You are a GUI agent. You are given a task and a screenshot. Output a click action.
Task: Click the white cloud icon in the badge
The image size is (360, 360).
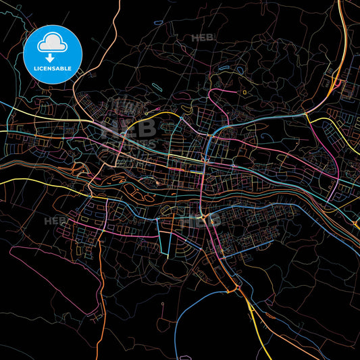point(53,42)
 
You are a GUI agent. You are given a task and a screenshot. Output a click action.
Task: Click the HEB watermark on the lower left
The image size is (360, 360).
point(55,221)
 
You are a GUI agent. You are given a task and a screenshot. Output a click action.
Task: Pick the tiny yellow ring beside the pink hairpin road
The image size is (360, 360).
point(244,92)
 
